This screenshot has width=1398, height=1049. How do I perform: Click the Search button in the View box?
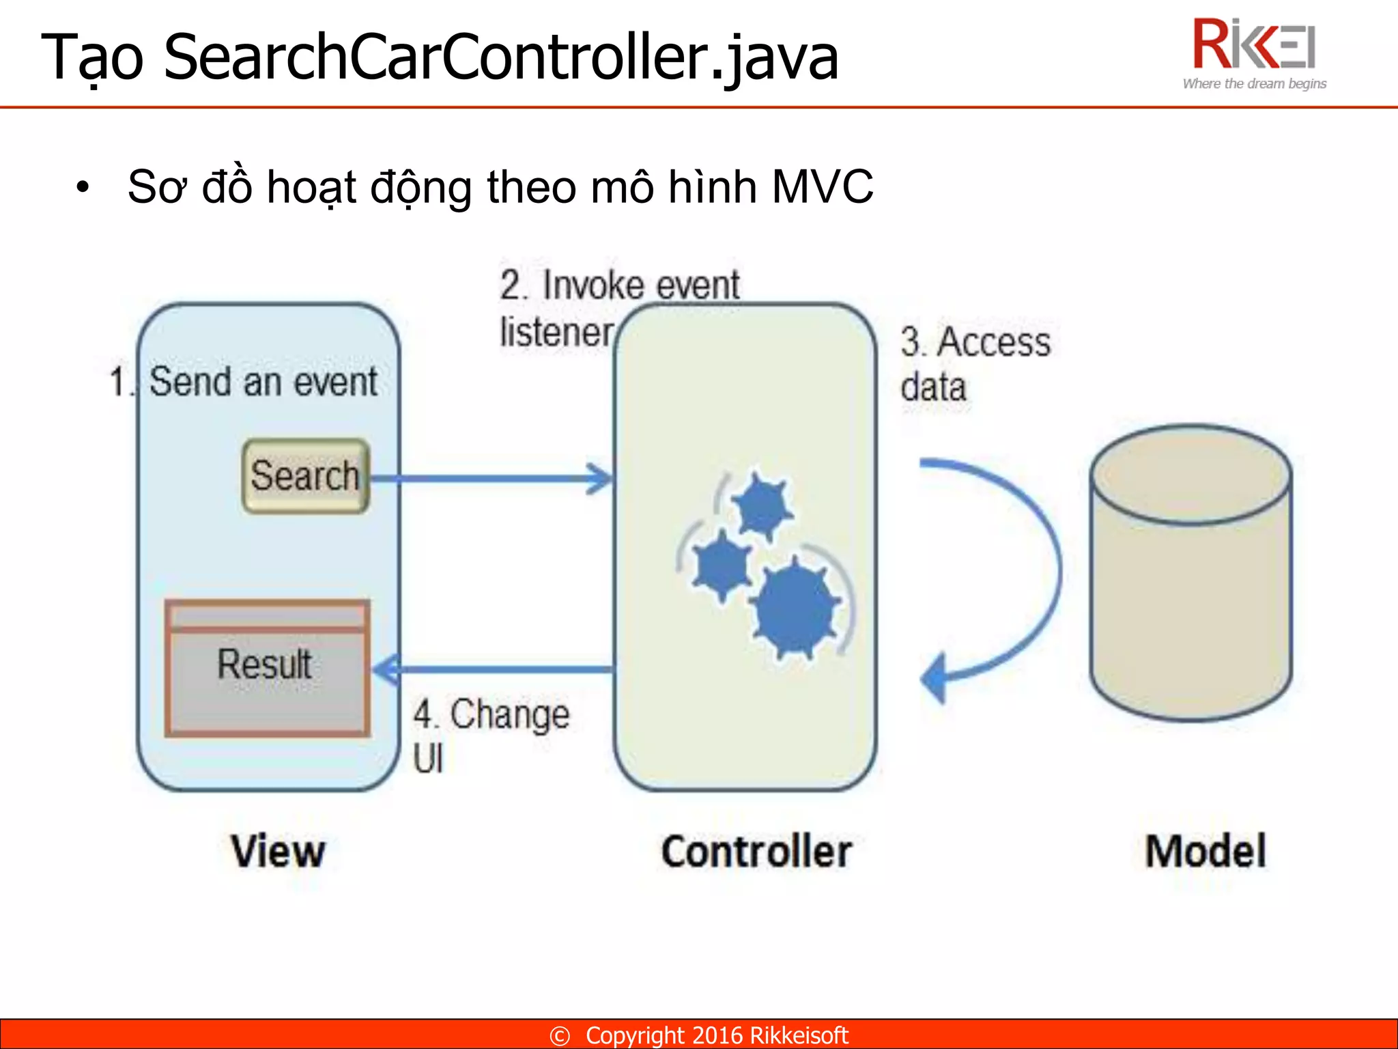[x=305, y=476]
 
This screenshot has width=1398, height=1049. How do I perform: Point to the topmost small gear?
[x=761, y=507]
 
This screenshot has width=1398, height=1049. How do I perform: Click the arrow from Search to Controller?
[x=491, y=478]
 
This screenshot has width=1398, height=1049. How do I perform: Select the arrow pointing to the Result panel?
[x=491, y=669]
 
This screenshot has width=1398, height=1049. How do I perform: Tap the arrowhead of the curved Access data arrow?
[x=935, y=678]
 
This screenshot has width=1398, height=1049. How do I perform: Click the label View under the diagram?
[x=278, y=852]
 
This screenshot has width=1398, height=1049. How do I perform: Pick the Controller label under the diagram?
[x=756, y=852]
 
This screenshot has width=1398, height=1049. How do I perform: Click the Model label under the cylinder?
[x=1206, y=852]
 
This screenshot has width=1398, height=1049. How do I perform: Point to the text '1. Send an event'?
[x=244, y=381]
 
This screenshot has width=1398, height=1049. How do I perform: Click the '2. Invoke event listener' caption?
[x=618, y=307]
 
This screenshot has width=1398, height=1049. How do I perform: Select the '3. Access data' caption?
[x=975, y=364]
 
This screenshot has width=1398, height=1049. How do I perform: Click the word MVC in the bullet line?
[x=823, y=186]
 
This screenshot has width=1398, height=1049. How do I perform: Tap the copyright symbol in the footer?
[x=560, y=1036]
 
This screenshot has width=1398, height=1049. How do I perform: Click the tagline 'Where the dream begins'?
[x=1255, y=84]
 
